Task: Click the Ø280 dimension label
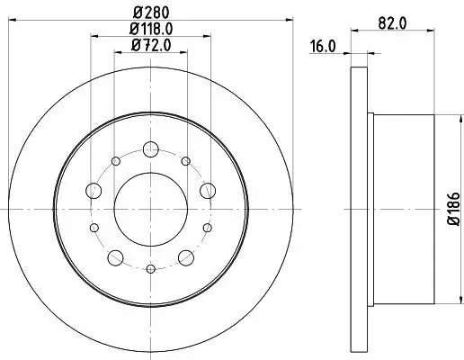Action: [150, 13]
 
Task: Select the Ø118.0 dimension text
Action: [151, 29]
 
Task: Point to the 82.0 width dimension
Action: [390, 22]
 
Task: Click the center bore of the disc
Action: [151, 208]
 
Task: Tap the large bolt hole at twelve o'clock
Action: [151, 148]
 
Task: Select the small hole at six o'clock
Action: [151, 267]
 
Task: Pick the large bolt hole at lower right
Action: [186, 258]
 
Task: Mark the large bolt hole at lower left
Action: [115, 258]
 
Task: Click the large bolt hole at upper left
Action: [94, 190]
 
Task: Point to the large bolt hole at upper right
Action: [208, 190]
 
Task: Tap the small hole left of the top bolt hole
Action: [117, 160]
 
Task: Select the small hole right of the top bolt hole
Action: [185, 160]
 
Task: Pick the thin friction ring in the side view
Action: [355, 209]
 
